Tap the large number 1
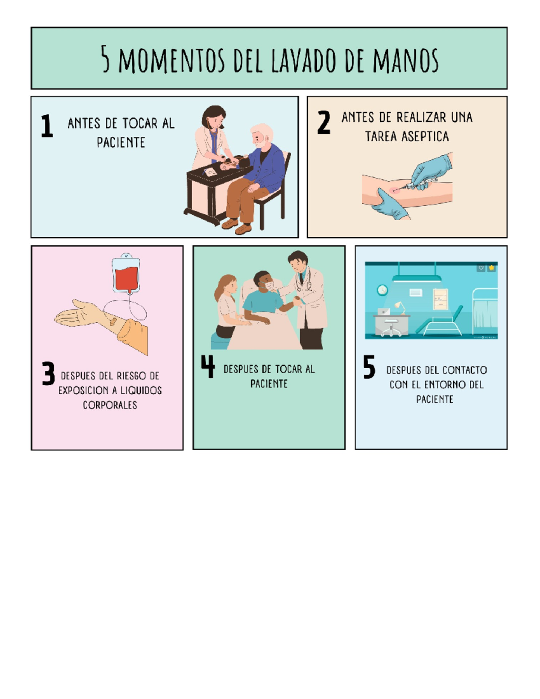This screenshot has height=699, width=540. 47,126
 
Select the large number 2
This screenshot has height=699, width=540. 324,122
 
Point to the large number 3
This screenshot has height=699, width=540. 48,373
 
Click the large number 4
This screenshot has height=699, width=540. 208,366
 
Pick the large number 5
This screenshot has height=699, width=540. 369,367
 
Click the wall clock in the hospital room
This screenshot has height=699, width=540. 382,290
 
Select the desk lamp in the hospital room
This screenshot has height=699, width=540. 400,307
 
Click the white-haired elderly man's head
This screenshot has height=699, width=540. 261,135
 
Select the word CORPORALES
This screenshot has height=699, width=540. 110,405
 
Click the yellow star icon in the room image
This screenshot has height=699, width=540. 491,268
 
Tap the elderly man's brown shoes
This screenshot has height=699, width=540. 236,226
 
